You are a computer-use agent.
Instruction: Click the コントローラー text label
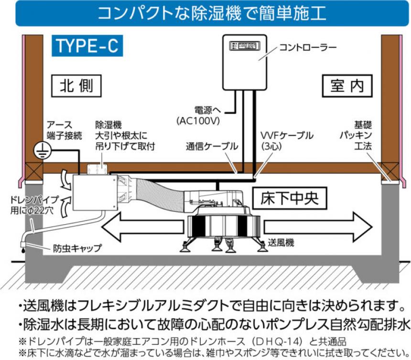308,47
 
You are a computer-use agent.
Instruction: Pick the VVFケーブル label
287,140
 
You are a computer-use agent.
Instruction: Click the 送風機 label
281,242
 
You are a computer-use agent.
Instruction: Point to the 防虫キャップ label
78,248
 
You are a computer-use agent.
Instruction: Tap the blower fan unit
223,225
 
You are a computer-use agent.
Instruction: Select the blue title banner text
205,14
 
